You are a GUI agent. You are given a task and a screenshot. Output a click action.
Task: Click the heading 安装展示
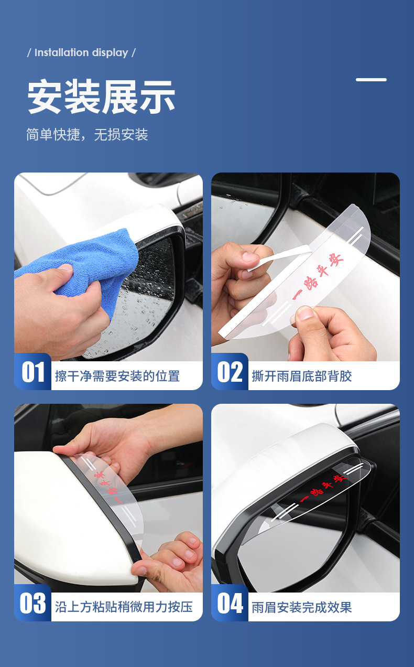(x=101, y=98)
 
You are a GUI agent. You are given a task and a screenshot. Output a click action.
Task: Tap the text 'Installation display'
(x=81, y=53)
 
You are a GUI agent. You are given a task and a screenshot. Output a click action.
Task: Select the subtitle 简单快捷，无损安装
(x=87, y=135)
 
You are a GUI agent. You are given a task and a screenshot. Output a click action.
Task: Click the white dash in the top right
(x=371, y=80)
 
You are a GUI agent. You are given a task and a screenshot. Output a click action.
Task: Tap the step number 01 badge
(x=33, y=372)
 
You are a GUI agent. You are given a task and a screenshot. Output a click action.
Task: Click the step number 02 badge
(x=230, y=372)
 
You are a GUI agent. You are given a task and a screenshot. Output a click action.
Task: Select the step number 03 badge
(x=33, y=604)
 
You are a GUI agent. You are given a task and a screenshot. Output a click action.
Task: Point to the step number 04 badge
(x=230, y=604)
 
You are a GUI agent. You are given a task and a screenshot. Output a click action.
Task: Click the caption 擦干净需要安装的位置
(x=117, y=376)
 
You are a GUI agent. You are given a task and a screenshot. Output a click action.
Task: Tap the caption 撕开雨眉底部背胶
(x=302, y=376)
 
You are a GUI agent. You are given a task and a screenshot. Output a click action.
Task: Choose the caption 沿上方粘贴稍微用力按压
(x=124, y=607)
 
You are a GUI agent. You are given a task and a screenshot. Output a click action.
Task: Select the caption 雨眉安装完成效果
(x=302, y=607)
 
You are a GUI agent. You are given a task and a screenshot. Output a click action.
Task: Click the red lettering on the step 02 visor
(x=318, y=277)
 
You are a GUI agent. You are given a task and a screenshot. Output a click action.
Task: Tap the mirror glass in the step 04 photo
(x=293, y=545)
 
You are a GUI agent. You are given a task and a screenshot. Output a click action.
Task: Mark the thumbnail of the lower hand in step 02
(x=304, y=315)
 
